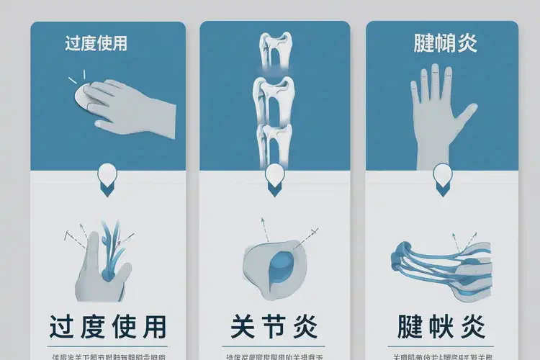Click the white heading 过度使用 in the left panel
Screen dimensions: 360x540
(x=96, y=43)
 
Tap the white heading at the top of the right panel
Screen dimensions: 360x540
(x=446, y=43)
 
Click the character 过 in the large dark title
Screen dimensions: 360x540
(x=65, y=328)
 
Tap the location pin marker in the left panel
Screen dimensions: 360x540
(x=107, y=176)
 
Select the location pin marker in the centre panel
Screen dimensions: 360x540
(x=275, y=177)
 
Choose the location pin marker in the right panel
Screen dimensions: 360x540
(x=442, y=177)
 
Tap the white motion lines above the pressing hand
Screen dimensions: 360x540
(x=78, y=77)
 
